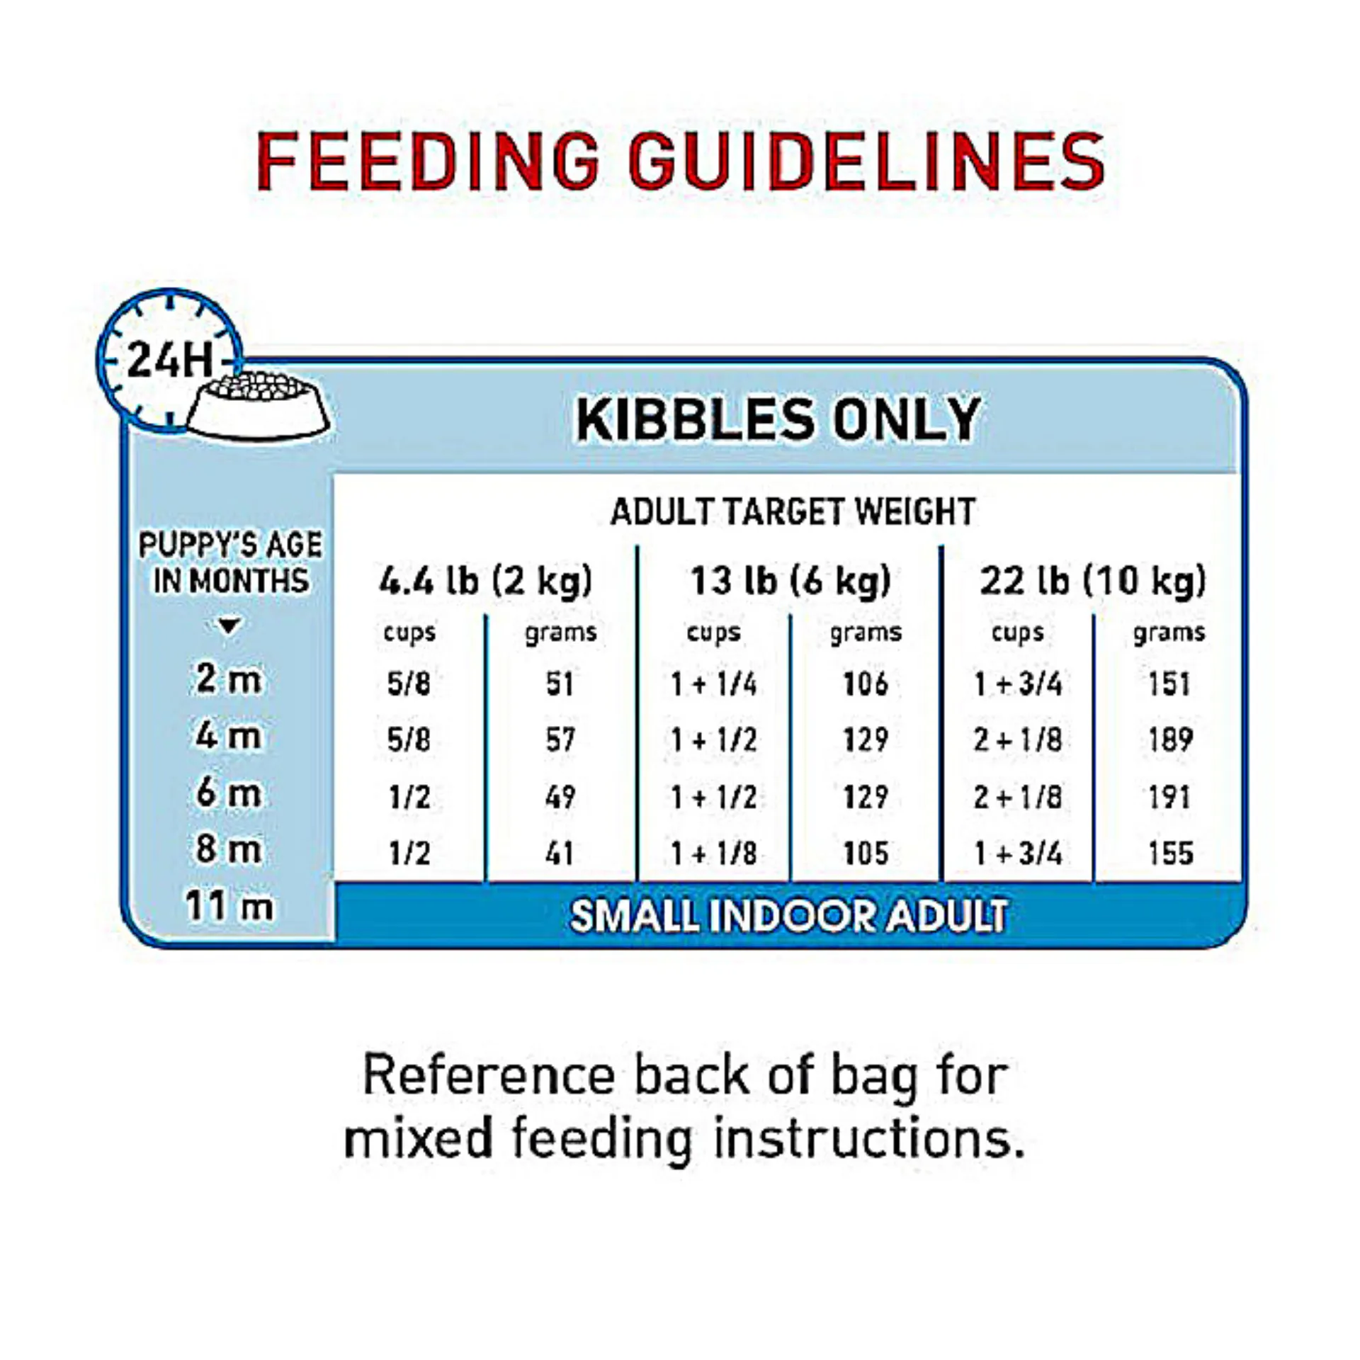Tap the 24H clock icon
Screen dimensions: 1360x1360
pyautogui.click(x=169, y=359)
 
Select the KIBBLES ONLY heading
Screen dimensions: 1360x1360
pyautogui.click(x=778, y=419)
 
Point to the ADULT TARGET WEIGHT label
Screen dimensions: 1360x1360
pyautogui.click(x=793, y=511)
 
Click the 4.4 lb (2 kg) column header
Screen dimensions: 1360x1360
pyautogui.click(x=485, y=582)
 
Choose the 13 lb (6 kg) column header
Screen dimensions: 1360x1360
pyautogui.click(x=790, y=582)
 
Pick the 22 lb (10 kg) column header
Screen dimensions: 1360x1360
pyautogui.click(x=1092, y=582)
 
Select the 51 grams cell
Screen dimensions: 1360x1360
pyautogui.click(x=560, y=684)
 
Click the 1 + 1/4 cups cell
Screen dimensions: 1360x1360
pyautogui.click(x=714, y=684)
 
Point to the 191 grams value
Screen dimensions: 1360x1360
pyautogui.click(x=1170, y=797)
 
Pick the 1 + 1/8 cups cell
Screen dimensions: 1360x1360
pyautogui.click(x=714, y=853)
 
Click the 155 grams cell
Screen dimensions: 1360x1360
pyautogui.click(x=1170, y=853)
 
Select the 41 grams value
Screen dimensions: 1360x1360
pyautogui.click(x=560, y=853)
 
